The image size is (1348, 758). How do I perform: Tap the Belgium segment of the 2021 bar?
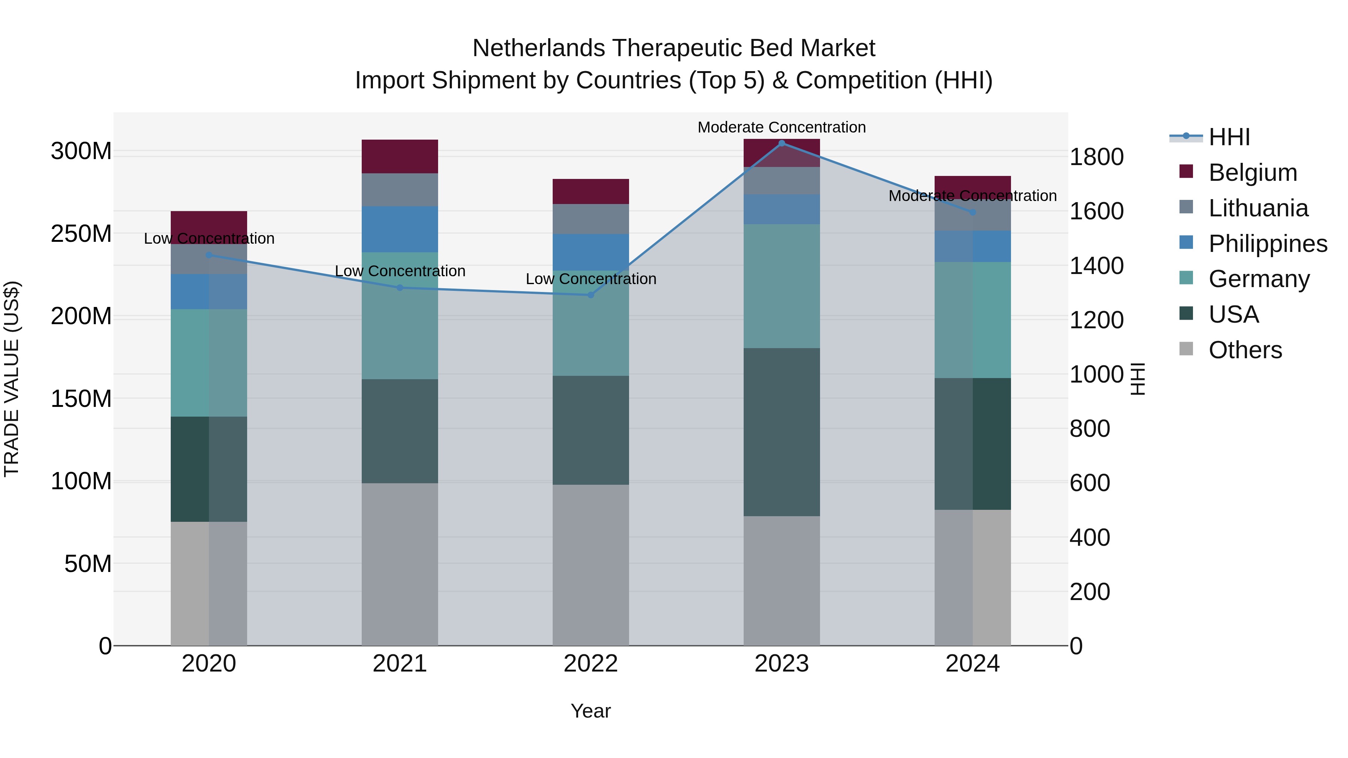400,156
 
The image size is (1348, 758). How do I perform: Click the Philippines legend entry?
1267,244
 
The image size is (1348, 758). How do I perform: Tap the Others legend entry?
1245,350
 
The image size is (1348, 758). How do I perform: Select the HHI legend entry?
1229,137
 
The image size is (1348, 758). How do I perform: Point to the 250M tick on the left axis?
81,234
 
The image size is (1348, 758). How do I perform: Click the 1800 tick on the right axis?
1097,157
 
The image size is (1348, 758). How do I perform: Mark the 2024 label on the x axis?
972,664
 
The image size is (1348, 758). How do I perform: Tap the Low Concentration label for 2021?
400,271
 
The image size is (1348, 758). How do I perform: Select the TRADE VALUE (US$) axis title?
12,379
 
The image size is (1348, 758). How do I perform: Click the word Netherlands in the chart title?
538,49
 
